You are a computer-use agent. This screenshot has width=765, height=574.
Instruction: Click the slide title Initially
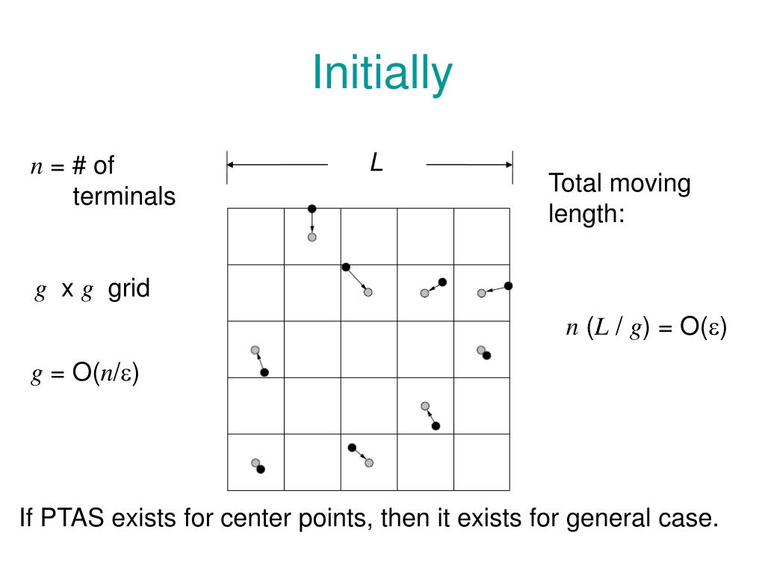[382, 72]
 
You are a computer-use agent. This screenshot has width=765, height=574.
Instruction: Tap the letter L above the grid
[377, 163]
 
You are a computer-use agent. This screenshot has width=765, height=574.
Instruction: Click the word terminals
[124, 197]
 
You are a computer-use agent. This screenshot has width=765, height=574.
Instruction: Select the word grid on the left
[128, 288]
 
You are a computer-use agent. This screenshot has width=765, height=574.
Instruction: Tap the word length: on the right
[586, 215]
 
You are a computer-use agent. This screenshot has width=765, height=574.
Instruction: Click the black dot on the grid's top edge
[312, 209]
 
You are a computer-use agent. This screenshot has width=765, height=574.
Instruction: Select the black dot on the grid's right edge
[508, 286]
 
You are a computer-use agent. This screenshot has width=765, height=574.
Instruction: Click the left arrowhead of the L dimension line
[231, 164]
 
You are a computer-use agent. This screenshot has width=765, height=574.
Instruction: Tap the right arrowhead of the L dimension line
[508, 164]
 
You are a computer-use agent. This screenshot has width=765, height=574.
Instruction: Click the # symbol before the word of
[79, 166]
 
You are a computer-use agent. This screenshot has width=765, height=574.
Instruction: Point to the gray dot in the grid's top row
[312, 237]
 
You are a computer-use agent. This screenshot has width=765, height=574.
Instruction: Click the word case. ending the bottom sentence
[687, 518]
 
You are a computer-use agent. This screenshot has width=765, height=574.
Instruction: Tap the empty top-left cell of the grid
[255, 236]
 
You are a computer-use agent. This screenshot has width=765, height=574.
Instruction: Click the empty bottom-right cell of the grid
[481, 463]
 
